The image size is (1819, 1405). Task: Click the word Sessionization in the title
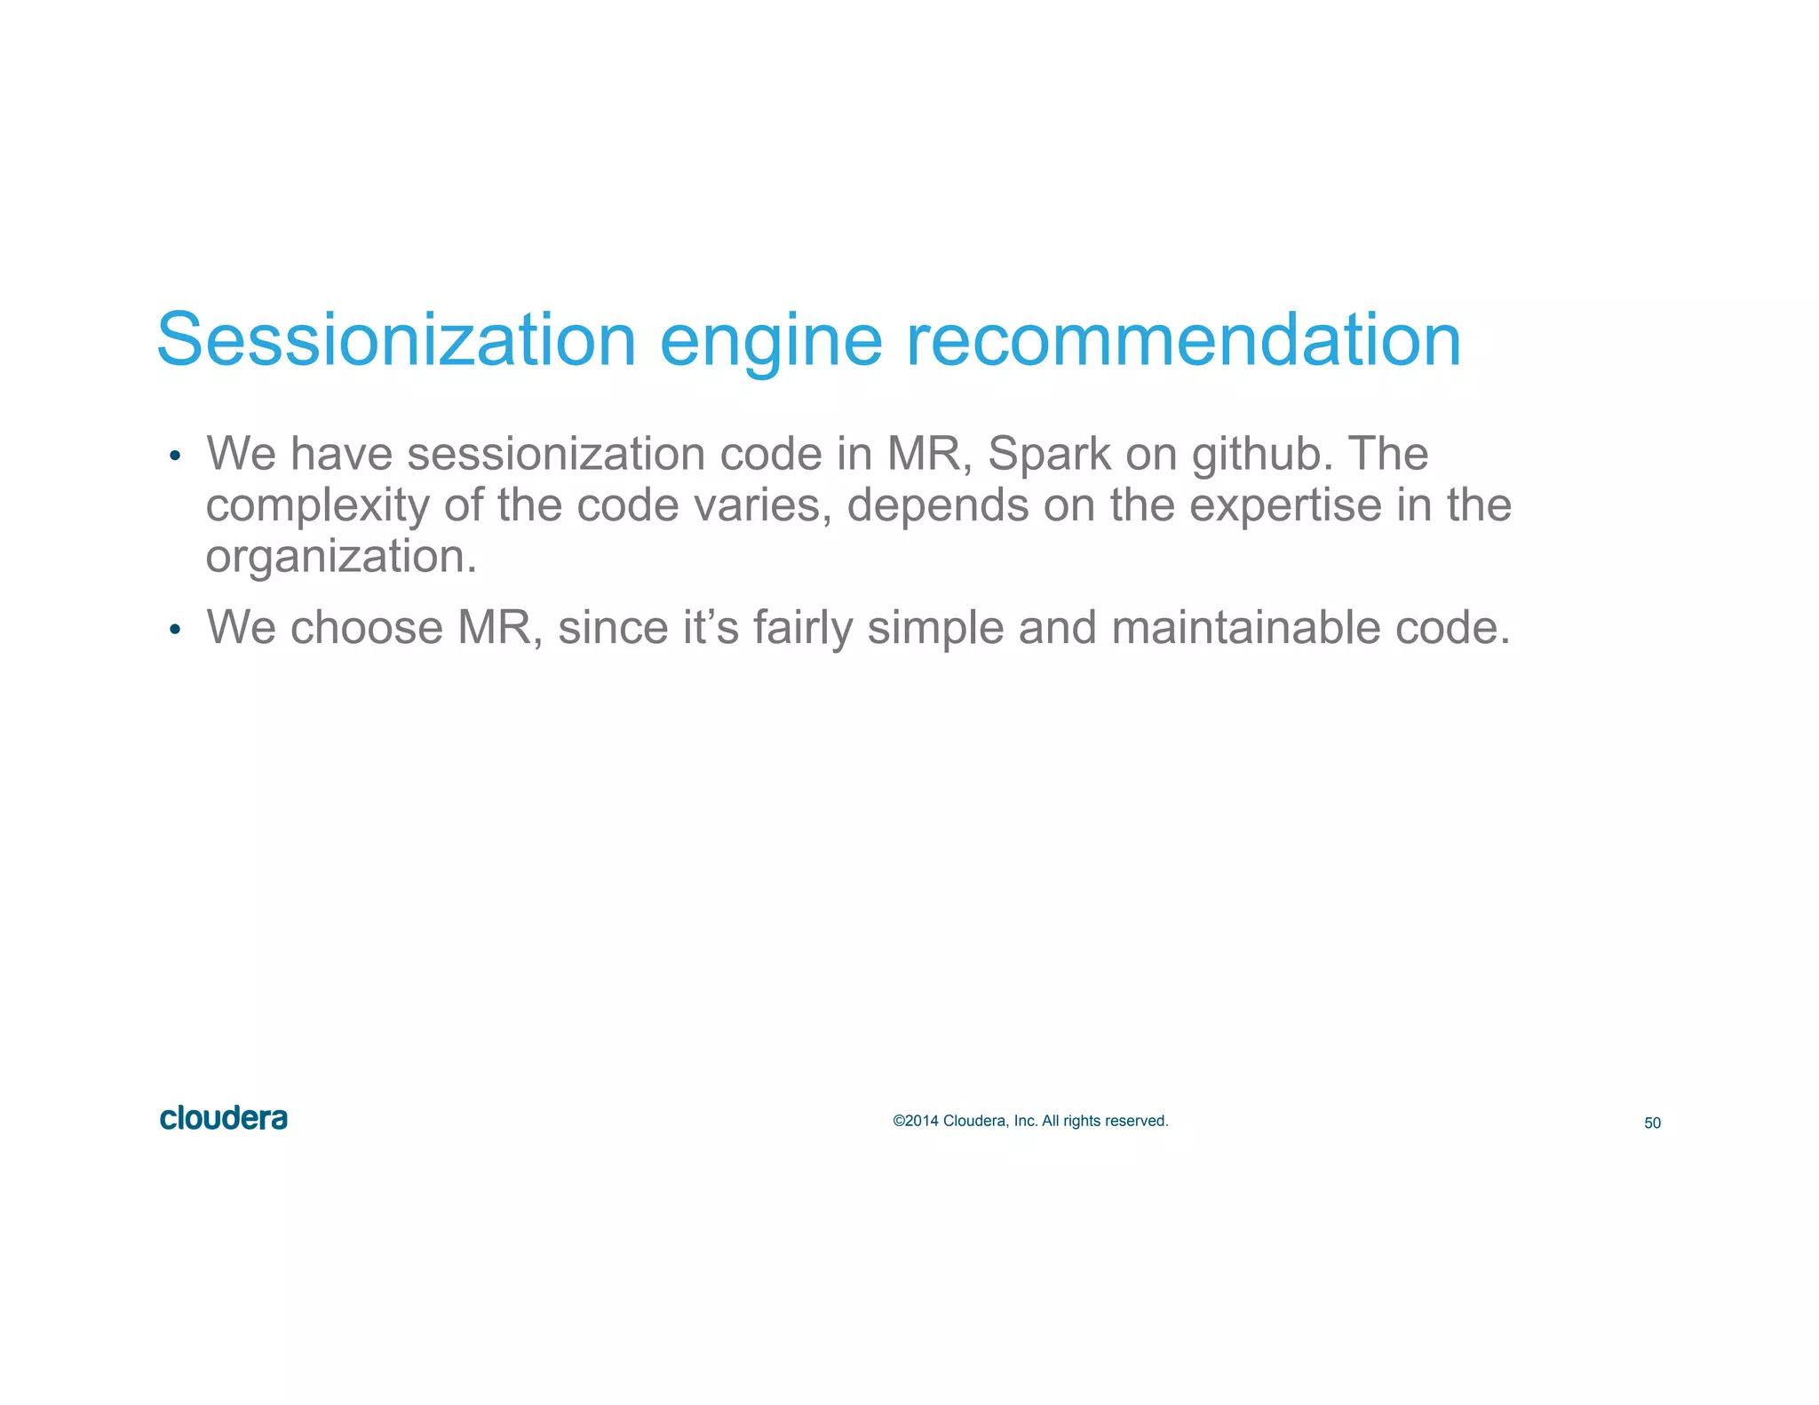[396, 340]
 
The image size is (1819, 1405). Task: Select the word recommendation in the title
[1183, 340]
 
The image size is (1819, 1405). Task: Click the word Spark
[1049, 455]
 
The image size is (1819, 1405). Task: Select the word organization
[341, 558]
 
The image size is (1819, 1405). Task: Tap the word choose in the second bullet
[366, 628]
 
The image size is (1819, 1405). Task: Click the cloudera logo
[224, 1118]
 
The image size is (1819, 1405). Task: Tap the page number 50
[1652, 1123]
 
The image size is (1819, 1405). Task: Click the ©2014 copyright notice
[1030, 1121]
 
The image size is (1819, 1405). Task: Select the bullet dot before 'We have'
[175, 456]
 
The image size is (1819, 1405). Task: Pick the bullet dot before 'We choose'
[175, 631]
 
